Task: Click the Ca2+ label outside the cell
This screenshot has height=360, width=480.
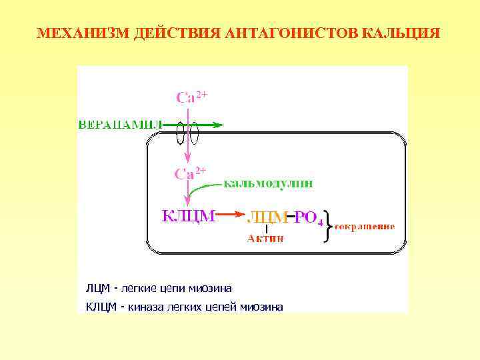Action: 191,97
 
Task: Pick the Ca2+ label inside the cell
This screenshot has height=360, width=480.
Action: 190,173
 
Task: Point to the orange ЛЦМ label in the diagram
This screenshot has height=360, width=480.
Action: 267,217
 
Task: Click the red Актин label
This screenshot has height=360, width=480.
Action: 265,238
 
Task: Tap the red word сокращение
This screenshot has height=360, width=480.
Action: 365,226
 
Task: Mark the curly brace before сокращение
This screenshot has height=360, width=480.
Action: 327,225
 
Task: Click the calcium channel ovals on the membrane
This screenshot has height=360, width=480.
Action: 187,134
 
